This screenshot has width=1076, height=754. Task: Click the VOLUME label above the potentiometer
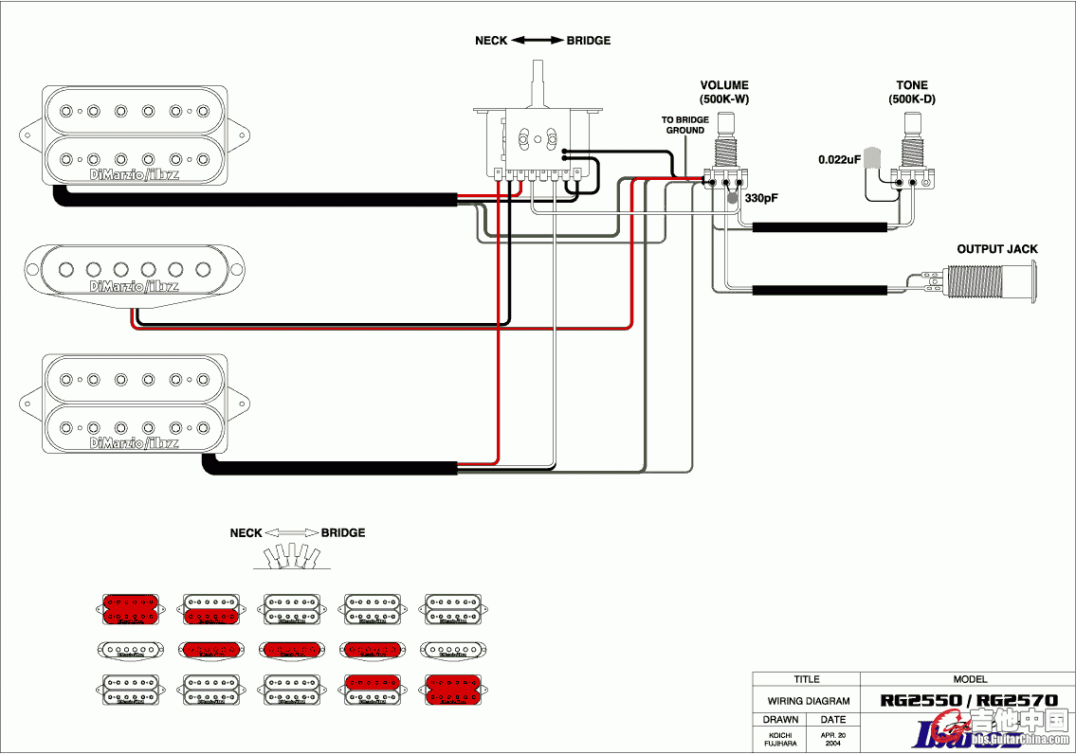point(724,85)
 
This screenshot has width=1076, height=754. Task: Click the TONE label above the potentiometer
point(912,85)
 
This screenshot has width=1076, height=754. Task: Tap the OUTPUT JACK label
point(996,249)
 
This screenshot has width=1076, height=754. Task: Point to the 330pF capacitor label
point(760,199)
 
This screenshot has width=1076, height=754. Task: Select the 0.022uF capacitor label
point(839,159)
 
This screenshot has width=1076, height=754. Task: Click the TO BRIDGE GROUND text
point(684,125)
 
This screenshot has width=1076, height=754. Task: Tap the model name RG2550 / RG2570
point(968,701)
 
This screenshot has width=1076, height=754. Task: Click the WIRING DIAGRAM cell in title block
point(807,701)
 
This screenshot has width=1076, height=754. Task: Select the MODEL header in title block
point(968,679)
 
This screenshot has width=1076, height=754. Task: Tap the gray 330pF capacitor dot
point(732,199)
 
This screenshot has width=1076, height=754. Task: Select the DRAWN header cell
point(780,720)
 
